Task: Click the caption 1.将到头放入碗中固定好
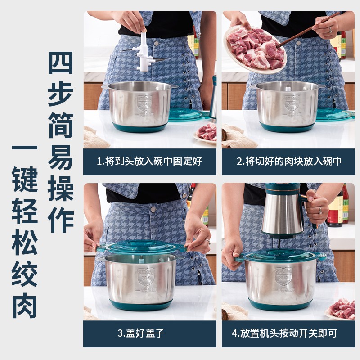[149, 162]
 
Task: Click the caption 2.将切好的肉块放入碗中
[289, 162]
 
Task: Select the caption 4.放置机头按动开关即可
[288, 333]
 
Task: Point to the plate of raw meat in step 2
[255, 47]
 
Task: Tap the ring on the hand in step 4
[320, 210]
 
